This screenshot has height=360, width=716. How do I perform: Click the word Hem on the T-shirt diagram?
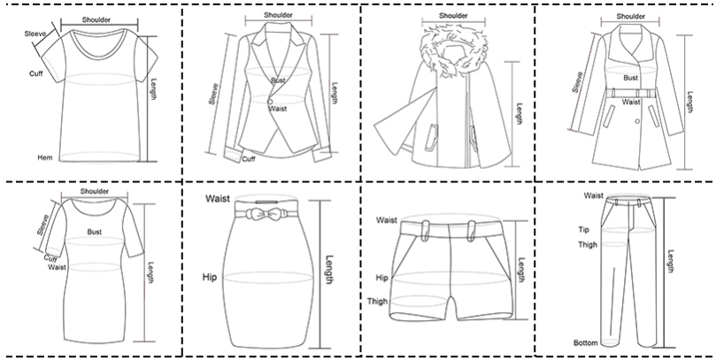pyautogui.click(x=45, y=157)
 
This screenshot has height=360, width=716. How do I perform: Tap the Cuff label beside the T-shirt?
pyautogui.click(x=36, y=73)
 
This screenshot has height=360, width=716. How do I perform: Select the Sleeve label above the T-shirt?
pyautogui.click(x=35, y=34)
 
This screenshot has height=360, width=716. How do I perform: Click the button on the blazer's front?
pyautogui.click(x=270, y=102)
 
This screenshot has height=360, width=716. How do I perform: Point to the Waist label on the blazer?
pyautogui.click(x=278, y=109)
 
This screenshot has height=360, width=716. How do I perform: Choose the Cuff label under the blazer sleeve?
pyautogui.click(x=249, y=159)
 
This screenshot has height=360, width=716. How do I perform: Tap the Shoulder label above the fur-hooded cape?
pyautogui.click(x=453, y=16)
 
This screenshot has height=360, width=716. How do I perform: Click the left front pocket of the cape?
pyautogui.click(x=431, y=137)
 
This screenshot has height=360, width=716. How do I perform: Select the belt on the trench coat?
pyautogui.click(x=631, y=93)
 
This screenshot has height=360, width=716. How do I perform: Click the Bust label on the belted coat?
pyautogui.click(x=631, y=78)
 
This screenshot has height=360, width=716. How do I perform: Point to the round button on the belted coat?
pyautogui.click(x=637, y=121)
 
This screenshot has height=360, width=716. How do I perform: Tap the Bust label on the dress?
pyautogui.click(x=95, y=233)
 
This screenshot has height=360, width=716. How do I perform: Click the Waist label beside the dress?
pyautogui.click(x=57, y=267)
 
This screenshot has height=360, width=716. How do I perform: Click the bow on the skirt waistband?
pyautogui.click(x=267, y=213)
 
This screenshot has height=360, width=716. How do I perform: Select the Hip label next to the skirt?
pyautogui.click(x=210, y=277)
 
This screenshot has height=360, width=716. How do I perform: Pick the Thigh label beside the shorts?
pyautogui.click(x=377, y=301)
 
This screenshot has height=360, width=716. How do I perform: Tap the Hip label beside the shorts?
pyautogui.click(x=381, y=278)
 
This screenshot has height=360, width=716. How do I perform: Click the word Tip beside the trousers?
pyautogui.click(x=584, y=230)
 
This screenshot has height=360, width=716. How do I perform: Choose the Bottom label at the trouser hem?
pyautogui.click(x=586, y=342)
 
